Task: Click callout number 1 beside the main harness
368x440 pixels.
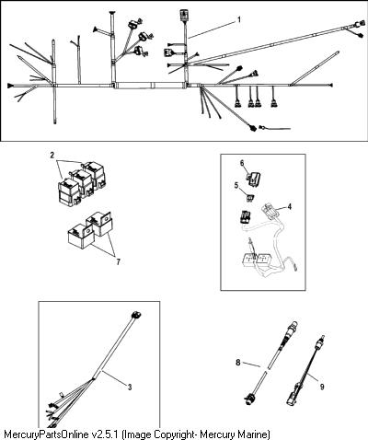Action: click(x=239, y=19)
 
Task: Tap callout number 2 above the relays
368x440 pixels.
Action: click(x=52, y=156)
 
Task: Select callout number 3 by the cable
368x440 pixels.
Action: click(x=130, y=388)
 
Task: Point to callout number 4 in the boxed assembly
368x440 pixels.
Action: click(x=289, y=207)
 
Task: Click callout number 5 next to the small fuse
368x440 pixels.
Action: click(x=236, y=186)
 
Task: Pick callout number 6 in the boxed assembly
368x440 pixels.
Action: click(x=242, y=163)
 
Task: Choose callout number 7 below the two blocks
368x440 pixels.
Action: click(x=118, y=261)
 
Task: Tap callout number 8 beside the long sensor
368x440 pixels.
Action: click(x=238, y=363)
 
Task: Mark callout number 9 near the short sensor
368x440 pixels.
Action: click(x=322, y=387)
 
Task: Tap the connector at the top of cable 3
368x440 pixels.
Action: click(x=135, y=315)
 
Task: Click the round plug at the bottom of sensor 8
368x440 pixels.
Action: click(x=248, y=399)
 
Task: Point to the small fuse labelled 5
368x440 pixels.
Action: click(x=250, y=197)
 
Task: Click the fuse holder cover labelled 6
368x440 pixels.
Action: click(x=254, y=179)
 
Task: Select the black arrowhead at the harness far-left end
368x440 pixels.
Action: click(x=11, y=86)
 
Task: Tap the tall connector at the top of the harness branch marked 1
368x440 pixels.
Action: click(x=184, y=15)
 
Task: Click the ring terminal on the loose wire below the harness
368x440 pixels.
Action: click(x=262, y=127)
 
